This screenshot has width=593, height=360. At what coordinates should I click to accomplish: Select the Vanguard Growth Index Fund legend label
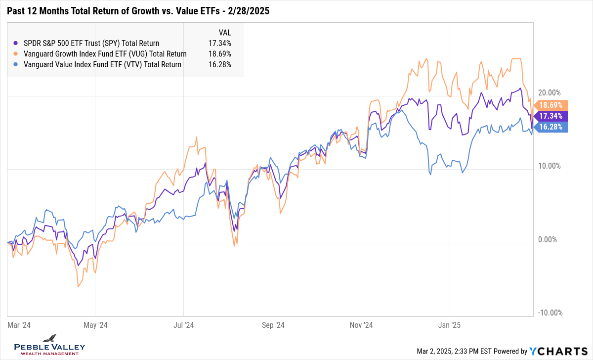point(105,54)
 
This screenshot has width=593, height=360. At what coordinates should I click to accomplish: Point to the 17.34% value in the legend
point(220,43)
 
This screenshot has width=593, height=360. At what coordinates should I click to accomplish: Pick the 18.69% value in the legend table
point(220,54)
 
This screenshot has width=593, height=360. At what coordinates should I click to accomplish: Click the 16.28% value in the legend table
point(220,64)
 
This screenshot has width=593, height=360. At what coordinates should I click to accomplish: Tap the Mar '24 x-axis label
point(19,325)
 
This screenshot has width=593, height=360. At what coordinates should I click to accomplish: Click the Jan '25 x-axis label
point(449,325)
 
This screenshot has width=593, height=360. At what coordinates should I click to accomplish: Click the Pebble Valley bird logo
point(49,339)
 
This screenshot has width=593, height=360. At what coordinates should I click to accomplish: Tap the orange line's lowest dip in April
point(78,286)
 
